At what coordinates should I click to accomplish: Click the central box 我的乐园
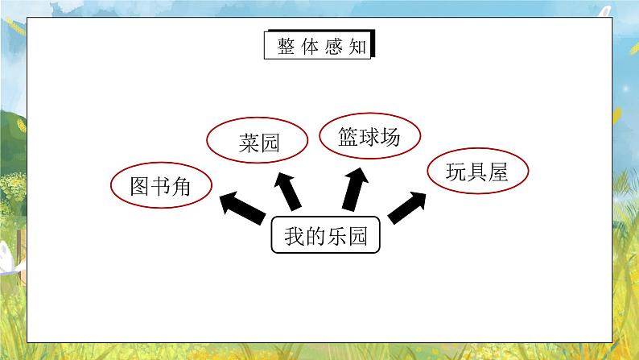pos(326,235)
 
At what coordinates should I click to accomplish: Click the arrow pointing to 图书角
pos(242,207)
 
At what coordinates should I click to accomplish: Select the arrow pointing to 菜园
pos(287,191)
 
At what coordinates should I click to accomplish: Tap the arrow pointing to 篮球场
pos(355,188)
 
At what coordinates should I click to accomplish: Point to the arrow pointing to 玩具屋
pos(406,208)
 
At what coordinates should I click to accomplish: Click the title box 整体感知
pos(319,44)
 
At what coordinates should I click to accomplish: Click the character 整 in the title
pos(286,47)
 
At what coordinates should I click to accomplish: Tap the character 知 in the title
pos(357,47)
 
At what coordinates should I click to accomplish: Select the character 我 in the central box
pos(295,236)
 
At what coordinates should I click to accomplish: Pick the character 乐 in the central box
pos(336,236)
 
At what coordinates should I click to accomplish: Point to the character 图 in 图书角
pos(139,186)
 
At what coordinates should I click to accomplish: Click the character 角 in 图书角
pos(181,186)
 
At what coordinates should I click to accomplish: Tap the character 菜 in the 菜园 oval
pos(249,143)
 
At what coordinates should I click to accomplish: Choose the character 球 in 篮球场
pos(369,137)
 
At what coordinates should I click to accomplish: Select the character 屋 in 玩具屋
pos(498,172)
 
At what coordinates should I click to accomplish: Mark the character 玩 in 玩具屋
pos(456,172)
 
